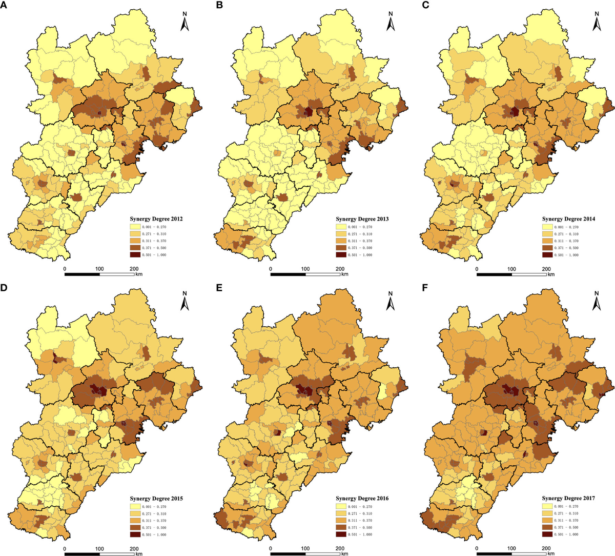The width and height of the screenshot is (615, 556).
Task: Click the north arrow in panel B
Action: click(391, 21)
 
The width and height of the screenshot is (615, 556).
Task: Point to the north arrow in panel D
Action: click(185, 301)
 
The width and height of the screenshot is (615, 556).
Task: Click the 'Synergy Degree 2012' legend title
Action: click(156, 219)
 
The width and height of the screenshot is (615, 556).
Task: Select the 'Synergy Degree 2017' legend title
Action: click(568, 498)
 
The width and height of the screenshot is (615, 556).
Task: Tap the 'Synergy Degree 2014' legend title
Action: click(568, 219)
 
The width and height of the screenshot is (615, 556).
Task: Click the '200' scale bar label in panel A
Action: click(134, 269)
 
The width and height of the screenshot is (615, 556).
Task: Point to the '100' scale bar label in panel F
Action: click(511, 548)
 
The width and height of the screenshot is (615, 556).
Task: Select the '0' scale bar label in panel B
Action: click(271, 269)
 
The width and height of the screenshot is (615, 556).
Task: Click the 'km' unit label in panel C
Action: click(551, 274)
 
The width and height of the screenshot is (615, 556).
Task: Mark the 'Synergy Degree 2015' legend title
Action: click(156, 498)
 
